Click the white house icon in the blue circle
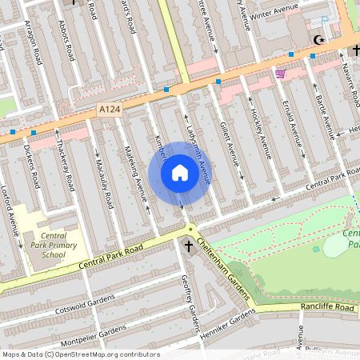(x=180, y=173)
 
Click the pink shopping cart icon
(x=280, y=74)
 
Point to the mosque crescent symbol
(x=320, y=39)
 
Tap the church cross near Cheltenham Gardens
(x=189, y=247)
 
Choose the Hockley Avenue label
(x=260, y=128)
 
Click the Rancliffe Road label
(x=327, y=307)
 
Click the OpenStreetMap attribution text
(x=80, y=354)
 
